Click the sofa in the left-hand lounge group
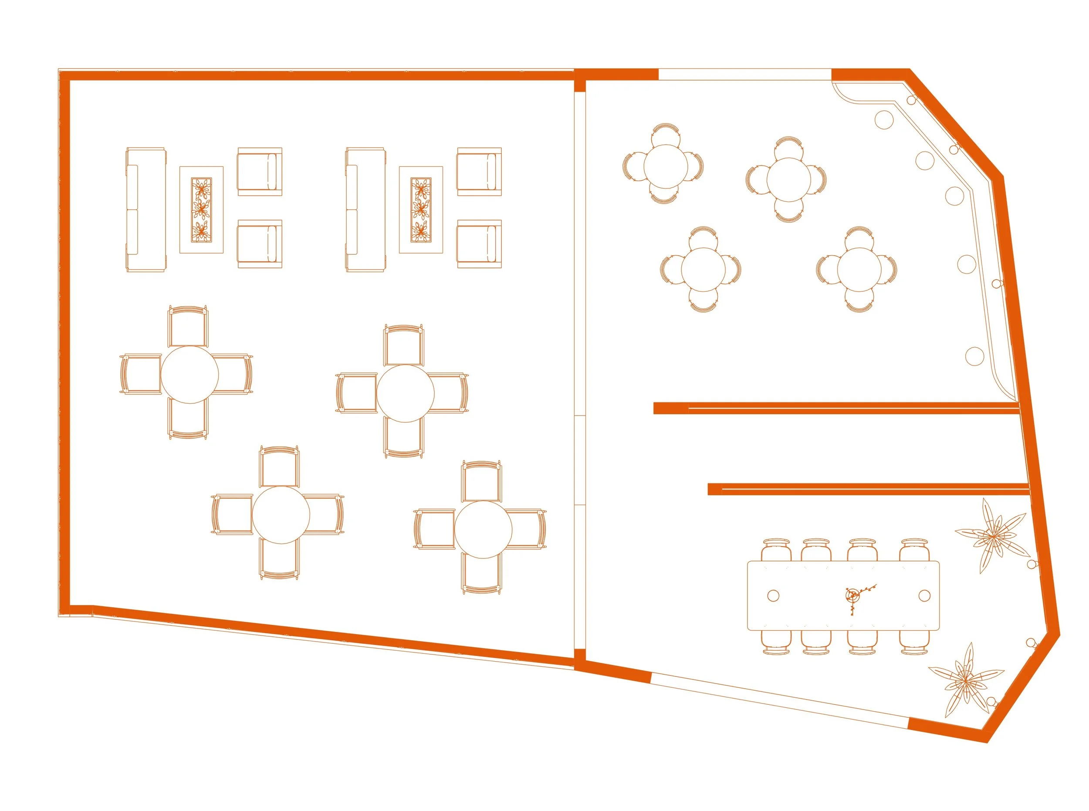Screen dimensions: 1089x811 point(146,209)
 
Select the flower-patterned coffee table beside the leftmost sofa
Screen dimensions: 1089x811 point(201,210)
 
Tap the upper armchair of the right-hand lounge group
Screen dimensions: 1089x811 point(479,171)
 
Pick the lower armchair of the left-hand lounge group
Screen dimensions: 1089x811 point(260,244)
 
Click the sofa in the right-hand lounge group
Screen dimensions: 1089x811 point(365,209)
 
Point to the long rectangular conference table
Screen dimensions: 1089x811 point(842,595)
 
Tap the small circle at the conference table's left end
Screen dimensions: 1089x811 point(773,595)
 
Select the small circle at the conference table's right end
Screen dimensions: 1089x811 point(924,595)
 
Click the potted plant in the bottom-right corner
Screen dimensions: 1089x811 point(965,681)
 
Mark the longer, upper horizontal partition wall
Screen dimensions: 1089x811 point(835,408)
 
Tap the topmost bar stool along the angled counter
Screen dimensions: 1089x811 point(883,120)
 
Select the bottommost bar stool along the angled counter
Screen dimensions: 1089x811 point(974,356)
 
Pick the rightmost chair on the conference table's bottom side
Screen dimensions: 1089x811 point(914,642)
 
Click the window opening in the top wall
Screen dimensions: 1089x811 point(744,74)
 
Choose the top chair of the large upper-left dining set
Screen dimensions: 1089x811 point(188,327)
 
